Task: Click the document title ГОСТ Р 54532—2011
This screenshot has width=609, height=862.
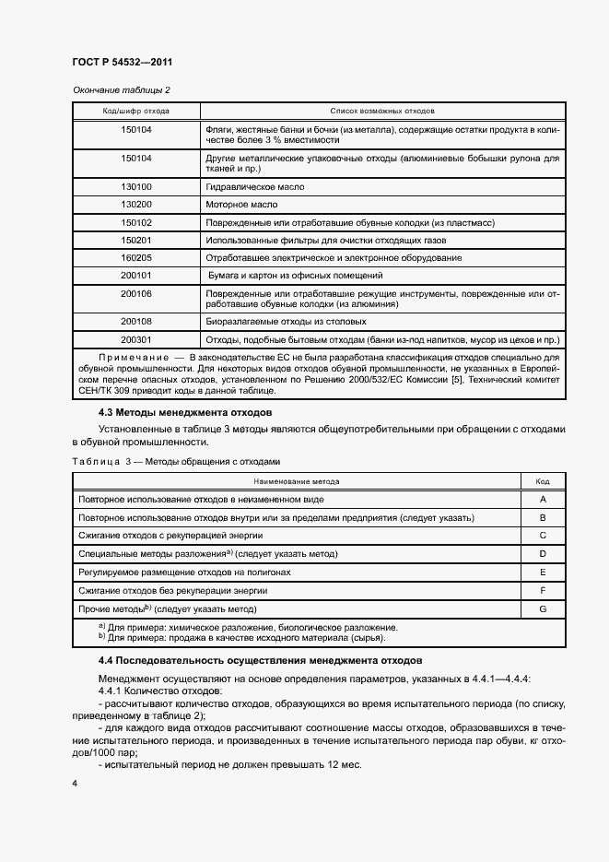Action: tap(122, 62)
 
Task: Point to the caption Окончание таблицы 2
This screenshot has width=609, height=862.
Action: tap(120, 89)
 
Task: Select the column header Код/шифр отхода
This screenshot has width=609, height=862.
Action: tap(135, 111)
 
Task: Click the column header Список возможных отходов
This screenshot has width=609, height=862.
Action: tap(381, 111)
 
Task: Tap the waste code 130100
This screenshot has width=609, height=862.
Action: tap(136, 187)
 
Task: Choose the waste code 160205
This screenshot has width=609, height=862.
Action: tap(136, 257)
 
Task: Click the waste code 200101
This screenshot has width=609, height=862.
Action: tap(136, 275)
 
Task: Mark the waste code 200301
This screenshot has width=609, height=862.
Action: tap(136, 339)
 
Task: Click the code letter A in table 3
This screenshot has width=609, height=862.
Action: tap(544, 499)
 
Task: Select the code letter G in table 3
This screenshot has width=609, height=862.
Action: tap(544, 609)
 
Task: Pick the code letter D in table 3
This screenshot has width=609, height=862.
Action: tap(544, 554)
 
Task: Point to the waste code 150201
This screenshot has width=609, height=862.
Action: tap(136, 240)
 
